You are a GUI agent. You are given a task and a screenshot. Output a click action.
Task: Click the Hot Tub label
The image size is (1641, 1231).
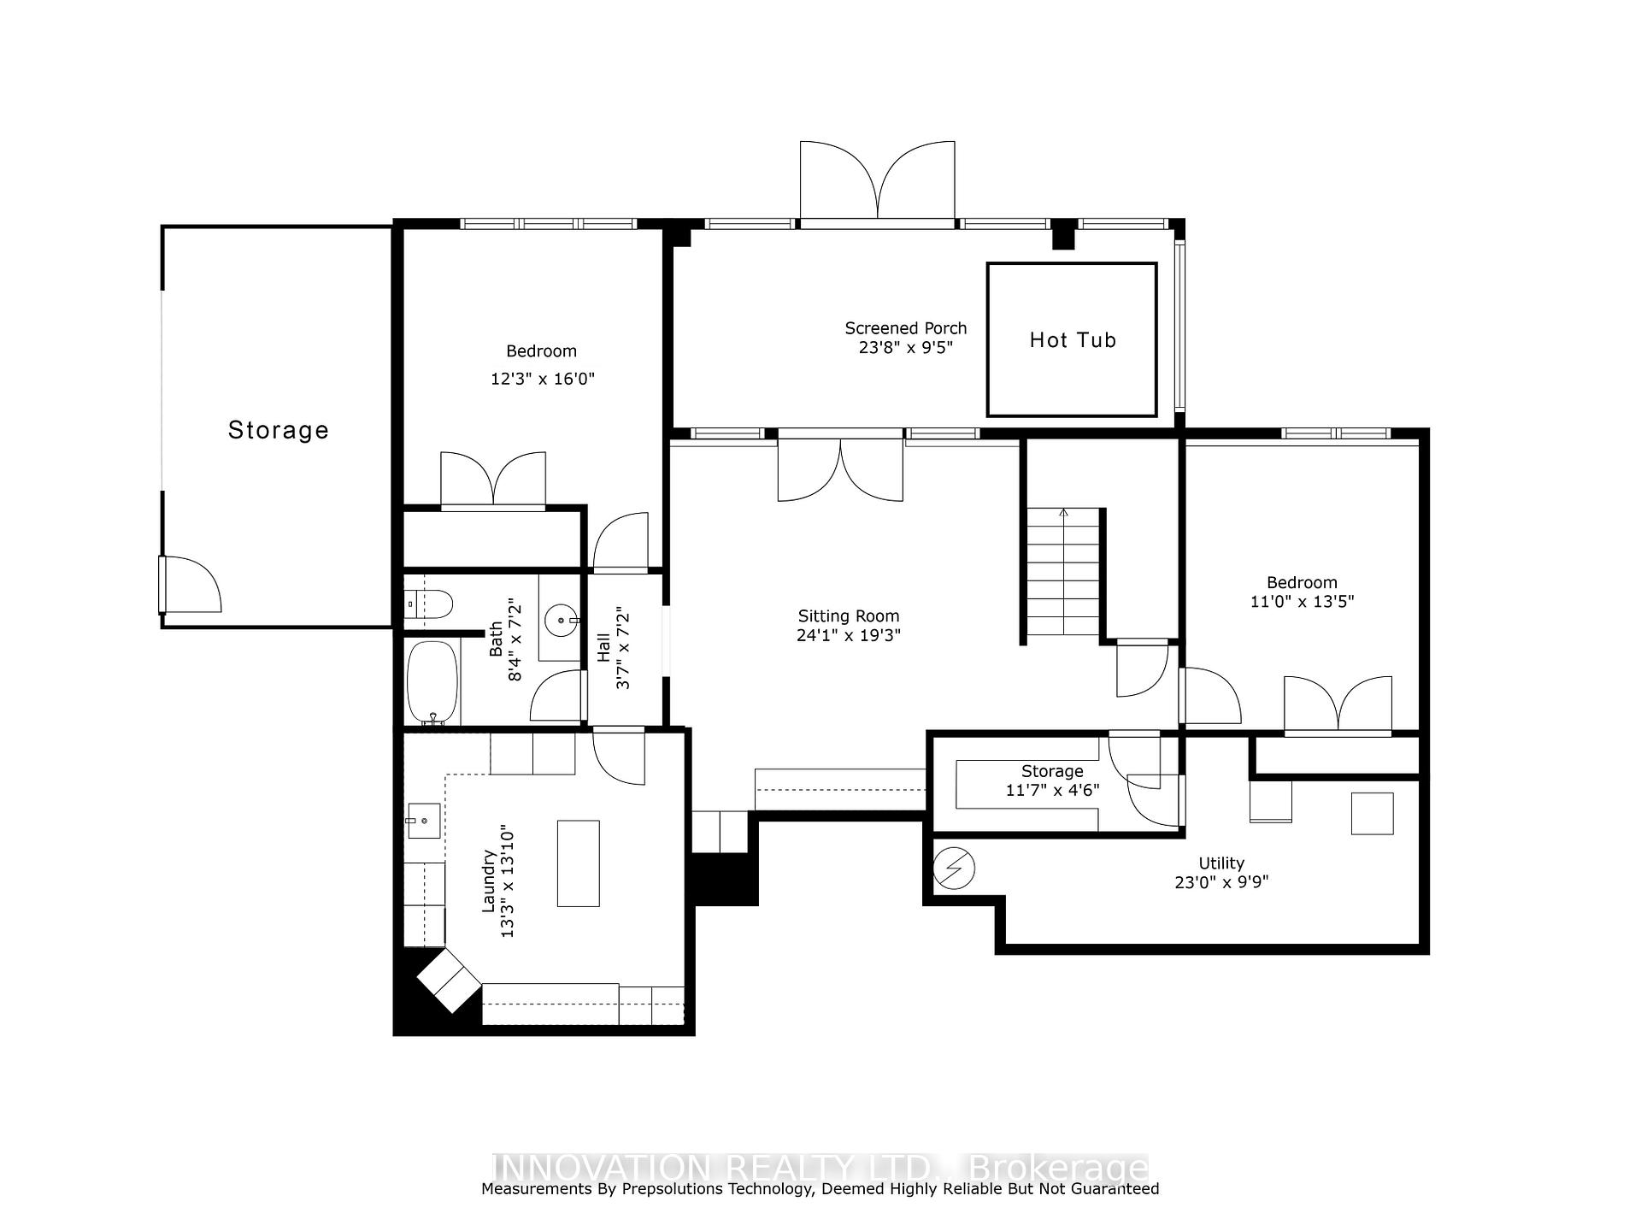tap(1073, 340)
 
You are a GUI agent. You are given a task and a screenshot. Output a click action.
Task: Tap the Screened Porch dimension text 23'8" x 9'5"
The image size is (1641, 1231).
tap(905, 347)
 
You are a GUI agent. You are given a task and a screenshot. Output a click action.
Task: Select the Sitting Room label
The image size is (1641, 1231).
tap(849, 615)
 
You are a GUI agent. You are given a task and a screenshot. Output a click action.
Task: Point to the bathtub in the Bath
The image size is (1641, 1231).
tap(432, 683)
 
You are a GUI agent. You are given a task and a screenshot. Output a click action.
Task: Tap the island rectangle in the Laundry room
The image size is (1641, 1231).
tap(579, 863)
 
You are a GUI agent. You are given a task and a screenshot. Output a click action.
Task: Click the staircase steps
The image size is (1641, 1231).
tap(1063, 572)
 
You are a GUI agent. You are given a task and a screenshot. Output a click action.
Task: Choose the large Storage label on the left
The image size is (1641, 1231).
tap(279, 430)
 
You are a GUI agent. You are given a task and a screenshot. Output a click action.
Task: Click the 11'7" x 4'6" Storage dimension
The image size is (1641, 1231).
tap(1053, 790)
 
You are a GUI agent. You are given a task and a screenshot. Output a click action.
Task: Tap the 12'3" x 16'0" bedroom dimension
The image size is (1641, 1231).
tap(542, 379)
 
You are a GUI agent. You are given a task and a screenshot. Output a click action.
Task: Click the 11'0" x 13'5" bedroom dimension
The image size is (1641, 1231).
tap(1302, 601)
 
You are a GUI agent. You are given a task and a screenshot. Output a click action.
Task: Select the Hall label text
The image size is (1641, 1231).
tap(603, 647)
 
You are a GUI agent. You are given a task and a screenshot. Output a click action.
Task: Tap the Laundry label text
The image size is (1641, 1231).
tap(489, 881)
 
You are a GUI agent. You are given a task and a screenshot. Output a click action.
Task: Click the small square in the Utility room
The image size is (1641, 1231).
tap(1372, 813)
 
